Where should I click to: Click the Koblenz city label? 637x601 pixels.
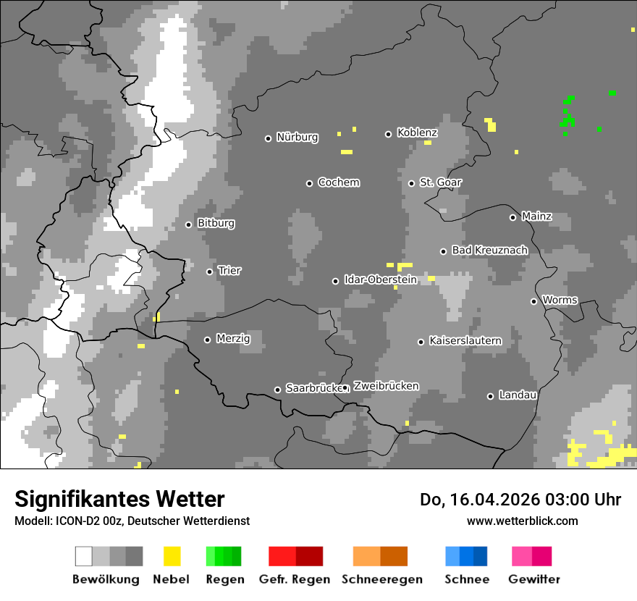417,133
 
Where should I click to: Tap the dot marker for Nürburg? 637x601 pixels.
268,138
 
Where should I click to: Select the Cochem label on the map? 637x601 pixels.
338,182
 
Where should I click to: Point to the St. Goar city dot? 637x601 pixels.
411,183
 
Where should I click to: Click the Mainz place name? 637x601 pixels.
536,217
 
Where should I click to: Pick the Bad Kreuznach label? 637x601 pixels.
489,251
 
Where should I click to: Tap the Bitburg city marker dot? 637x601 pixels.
188,224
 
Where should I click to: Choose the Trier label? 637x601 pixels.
229,271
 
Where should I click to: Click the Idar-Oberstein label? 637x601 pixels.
380,280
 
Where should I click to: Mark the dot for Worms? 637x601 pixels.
533,301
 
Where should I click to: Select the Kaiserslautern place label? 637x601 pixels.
465,341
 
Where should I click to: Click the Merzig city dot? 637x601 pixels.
207,340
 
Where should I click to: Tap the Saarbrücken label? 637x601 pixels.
313,389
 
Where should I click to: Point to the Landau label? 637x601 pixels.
518,395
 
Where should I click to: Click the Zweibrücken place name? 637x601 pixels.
386,387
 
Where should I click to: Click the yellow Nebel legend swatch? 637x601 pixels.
172,556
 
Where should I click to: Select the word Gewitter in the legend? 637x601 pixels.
533,579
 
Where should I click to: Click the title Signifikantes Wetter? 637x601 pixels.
119,499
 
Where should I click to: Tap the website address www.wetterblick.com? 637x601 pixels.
522,521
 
